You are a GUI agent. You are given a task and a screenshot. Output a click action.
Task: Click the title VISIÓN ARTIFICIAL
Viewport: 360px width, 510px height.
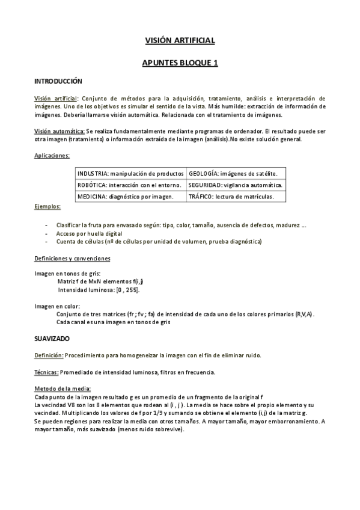point(180,40)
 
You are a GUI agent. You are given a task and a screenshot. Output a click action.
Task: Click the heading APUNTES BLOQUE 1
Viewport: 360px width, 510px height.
point(180,62)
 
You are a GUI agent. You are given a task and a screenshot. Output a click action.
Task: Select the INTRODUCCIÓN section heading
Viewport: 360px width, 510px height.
point(58,81)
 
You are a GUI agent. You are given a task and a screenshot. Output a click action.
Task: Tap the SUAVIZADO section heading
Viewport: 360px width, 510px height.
point(52,339)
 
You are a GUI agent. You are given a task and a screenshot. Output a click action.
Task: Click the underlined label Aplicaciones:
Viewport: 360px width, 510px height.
point(52,155)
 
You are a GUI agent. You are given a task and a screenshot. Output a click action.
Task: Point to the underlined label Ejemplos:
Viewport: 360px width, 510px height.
point(47,207)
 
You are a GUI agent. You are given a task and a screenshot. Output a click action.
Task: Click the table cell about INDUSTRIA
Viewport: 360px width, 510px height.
point(130,174)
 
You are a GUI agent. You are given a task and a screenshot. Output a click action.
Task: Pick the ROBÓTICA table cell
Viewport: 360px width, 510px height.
point(130,185)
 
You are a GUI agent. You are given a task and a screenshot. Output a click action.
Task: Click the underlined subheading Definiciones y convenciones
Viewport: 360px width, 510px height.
point(72,259)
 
